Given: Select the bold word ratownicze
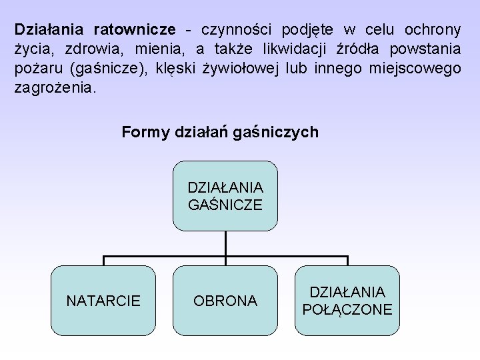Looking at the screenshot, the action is tap(135, 30).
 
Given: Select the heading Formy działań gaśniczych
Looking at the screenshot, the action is tap(220, 133).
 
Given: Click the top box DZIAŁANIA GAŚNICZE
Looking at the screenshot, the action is tap(225, 196).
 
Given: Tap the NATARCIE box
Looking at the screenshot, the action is tap(103, 301).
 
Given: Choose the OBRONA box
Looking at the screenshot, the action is tap(225, 301).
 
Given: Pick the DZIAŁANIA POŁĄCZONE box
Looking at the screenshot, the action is tap(347, 301).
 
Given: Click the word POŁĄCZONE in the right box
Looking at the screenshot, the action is tap(347, 310).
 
